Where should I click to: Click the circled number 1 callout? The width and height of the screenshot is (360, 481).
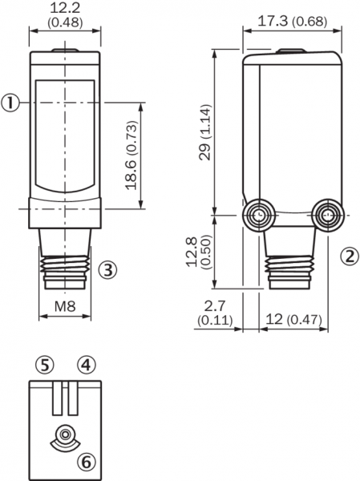point(10,103)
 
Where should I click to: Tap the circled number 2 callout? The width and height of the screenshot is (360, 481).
point(350,257)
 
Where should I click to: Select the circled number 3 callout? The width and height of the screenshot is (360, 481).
point(107,270)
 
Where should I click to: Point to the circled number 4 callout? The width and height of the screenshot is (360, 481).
point(87,365)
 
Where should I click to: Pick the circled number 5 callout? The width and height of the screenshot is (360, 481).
point(45,365)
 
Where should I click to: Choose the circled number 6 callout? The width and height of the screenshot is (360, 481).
point(87,462)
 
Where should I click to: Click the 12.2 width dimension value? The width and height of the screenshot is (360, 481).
point(65,8)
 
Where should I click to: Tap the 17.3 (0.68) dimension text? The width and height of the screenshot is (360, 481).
point(292,21)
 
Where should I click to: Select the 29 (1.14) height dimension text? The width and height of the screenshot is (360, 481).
point(205,132)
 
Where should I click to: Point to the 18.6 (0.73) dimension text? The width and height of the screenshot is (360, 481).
point(131,156)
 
